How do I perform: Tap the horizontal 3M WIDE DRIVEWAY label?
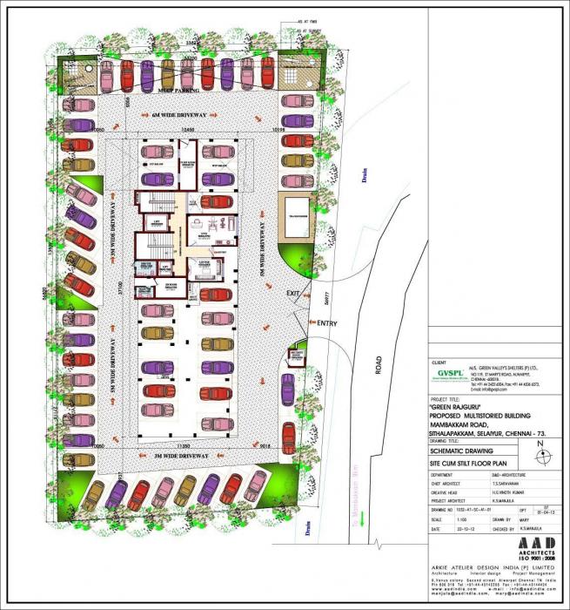[x=174, y=456]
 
